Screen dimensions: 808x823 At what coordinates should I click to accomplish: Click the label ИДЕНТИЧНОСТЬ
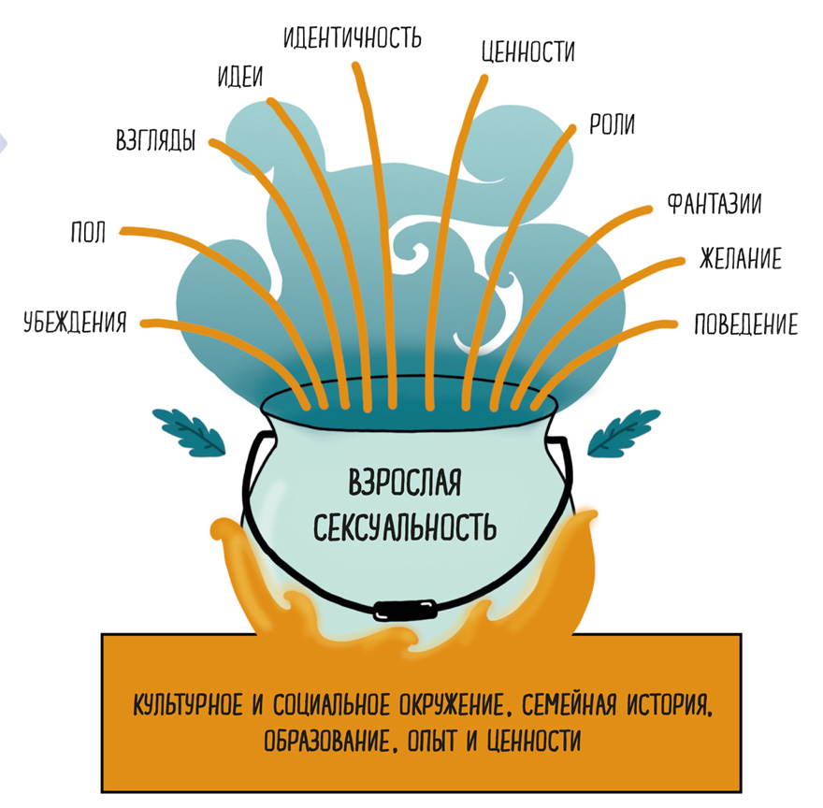(x=354, y=37)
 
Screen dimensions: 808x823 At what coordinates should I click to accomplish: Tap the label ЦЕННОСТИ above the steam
(x=527, y=51)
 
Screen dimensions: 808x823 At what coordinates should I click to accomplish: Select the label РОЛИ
(x=612, y=124)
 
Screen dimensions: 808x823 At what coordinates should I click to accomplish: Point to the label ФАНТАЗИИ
(x=712, y=204)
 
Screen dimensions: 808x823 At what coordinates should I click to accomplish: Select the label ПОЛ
(x=88, y=232)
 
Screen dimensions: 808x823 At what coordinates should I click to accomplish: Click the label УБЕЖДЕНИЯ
(x=75, y=324)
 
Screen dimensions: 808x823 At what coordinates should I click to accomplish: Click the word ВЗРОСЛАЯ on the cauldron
(x=405, y=485)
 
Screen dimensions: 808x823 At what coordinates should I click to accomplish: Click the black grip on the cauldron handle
(x=407, y=611)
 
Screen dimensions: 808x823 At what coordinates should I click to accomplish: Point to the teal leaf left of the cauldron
(x=191, y=429)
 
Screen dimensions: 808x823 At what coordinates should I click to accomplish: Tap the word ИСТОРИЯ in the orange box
(x=662, y=701)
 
